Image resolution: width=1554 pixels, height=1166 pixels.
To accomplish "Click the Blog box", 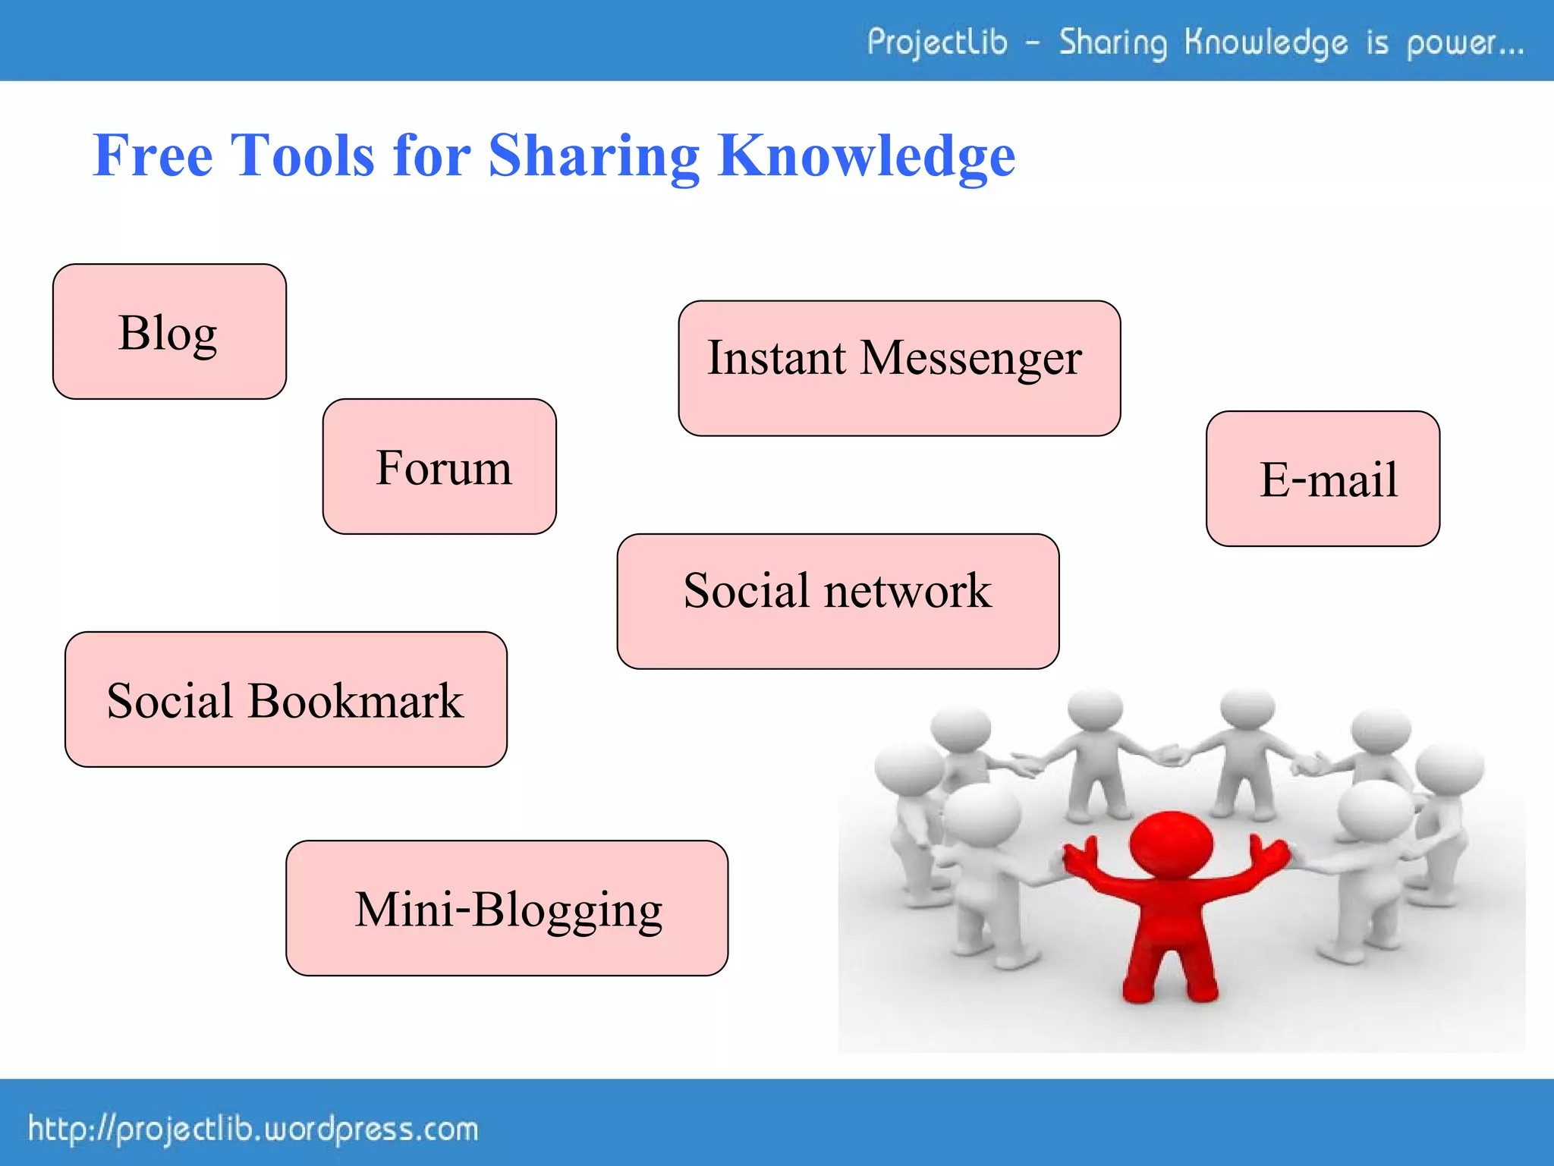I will [169, 332].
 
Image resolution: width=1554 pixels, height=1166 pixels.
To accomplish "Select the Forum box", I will [439, 467].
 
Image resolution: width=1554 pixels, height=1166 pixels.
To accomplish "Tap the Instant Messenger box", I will [899, 368].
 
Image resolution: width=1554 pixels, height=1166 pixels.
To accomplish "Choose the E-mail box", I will [1323, 479].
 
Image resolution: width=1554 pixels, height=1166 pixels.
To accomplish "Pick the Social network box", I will [838, 601].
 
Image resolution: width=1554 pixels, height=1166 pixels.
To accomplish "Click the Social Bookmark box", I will [285, 699].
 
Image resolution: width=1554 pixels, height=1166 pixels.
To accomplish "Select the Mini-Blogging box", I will [507, 908].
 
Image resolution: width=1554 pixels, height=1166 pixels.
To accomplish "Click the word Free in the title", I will [153, 156].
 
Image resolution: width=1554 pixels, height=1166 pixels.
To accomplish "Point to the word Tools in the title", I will [303, 156].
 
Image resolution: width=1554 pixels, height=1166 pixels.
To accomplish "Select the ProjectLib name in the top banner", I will [937, 42].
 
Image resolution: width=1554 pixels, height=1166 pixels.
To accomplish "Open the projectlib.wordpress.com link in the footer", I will [253, 1130].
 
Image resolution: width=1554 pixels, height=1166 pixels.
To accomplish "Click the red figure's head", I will [1171, 843].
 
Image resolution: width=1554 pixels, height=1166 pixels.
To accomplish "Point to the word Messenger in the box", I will [970, 358].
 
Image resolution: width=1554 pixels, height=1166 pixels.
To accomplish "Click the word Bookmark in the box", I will [355, 700].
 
